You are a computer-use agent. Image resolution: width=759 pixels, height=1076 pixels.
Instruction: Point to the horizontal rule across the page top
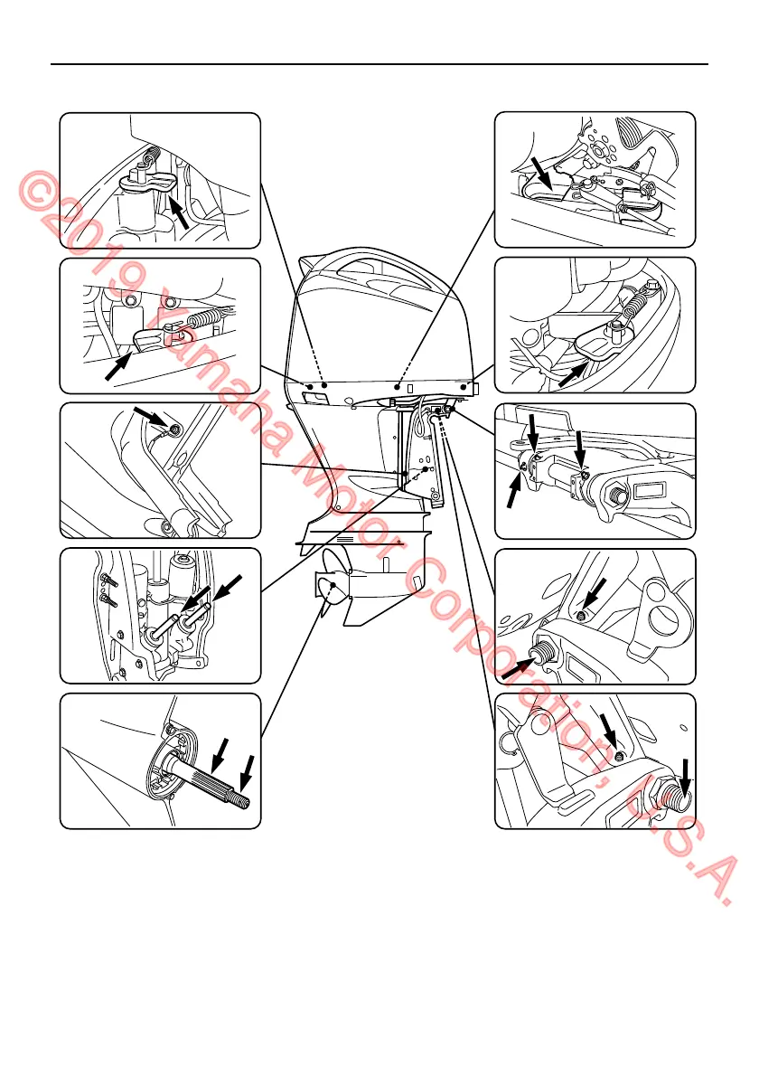(379, 64)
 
